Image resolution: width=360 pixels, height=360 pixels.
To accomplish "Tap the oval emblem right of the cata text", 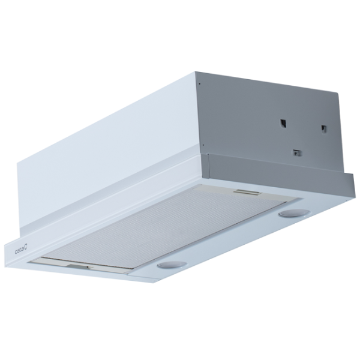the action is pos(26,248).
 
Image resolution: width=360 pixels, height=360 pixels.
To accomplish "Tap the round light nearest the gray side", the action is pos(289,213).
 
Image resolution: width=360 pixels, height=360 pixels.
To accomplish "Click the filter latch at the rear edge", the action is pos(248,193).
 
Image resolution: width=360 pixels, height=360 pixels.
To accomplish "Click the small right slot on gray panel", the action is pos(323,129).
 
